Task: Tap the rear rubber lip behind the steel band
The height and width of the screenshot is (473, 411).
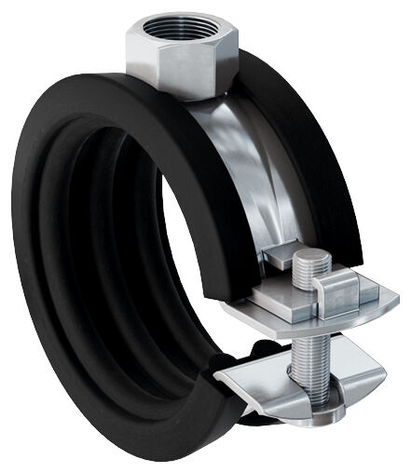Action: [x=298, y=140]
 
